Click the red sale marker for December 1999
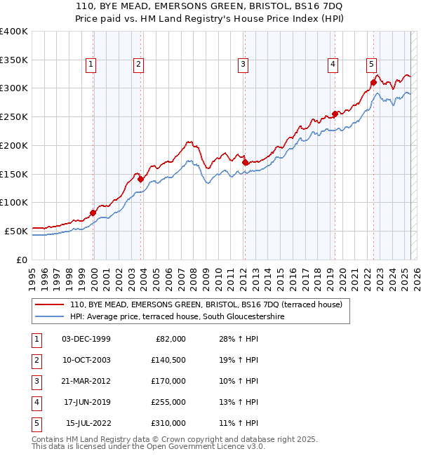(93, 213)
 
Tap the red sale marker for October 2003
(140, 179)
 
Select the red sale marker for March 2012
(245, 162)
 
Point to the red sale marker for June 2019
(335, 114)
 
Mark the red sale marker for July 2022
(373, 82)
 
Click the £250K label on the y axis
(14, 116)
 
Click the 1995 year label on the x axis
(32, 274)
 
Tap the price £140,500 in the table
(169, 359)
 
